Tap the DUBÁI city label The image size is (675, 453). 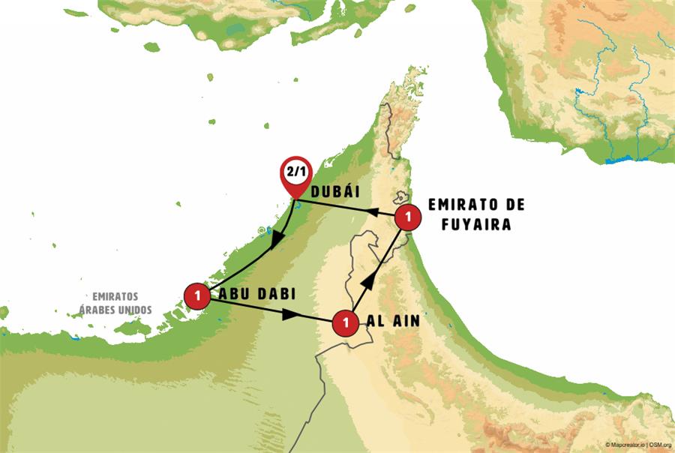point(335,193)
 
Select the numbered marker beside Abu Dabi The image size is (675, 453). point(196,295)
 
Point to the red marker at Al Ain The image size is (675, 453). point(345,323)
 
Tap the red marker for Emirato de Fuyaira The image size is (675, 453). point(408,217)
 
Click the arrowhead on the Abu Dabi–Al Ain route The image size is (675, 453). point(288,316)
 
